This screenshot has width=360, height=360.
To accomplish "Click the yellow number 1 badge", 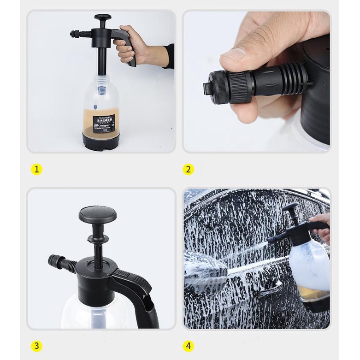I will click(x=37, y=169).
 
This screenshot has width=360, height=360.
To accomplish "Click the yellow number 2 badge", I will click(x=188, y=169).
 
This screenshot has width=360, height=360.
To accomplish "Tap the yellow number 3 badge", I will click(x=37, y=346).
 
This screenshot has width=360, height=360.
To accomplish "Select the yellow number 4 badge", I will click(x=188, y=346).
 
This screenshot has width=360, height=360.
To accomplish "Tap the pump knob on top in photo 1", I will click(x=102, y=18).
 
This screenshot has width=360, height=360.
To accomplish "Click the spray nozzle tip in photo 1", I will click(x=72, y=34).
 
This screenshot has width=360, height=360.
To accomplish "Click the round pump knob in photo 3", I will click(x=97, y=214).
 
